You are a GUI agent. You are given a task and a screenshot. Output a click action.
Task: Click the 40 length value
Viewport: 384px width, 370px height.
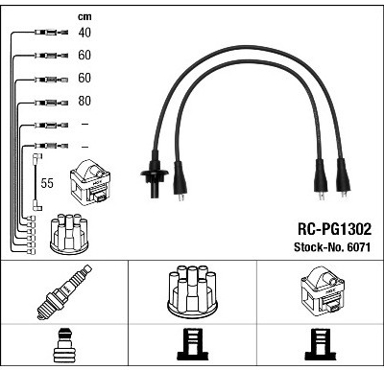tap(84, 33)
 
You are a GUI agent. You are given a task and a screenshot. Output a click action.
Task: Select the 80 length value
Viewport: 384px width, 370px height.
tap(84, 101)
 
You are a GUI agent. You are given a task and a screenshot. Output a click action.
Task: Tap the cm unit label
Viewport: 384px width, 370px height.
tap(84, 16)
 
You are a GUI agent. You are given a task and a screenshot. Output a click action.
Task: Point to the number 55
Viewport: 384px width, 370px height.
tap(47, 183)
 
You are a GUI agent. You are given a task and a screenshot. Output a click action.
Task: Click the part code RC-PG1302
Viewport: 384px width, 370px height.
tap(335, 229)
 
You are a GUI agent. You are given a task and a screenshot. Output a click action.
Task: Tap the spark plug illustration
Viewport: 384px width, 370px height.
tap(64, 291)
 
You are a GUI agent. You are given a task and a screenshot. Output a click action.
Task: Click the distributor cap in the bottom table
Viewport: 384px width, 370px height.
tap(192, 292)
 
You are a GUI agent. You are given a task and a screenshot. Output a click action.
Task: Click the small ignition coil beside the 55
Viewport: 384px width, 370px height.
tap(90, 183)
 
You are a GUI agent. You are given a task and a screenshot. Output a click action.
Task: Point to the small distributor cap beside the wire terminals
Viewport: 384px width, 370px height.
tap(69, 234)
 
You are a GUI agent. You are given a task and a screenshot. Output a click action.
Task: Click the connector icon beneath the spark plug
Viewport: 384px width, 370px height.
tap(64, 346)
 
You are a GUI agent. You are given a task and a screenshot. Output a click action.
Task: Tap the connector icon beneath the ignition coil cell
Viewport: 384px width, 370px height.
tap(321, 345)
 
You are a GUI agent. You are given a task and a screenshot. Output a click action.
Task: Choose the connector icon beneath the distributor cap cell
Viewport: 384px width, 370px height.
tap(192, 345)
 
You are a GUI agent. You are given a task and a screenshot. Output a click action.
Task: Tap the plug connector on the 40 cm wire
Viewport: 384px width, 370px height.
tap(51, 32)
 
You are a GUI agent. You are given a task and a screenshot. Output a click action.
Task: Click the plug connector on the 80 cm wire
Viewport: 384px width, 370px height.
tap(51, 103)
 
